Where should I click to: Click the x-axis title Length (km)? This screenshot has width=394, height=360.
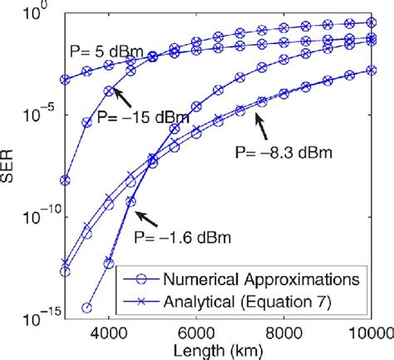(219, 350)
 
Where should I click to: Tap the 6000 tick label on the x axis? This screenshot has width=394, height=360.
(196, 332)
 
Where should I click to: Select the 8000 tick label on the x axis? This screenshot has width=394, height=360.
(284, 332)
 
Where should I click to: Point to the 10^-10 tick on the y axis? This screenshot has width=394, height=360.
(36, 216)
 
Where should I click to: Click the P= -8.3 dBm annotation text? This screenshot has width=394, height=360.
(283, 152)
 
